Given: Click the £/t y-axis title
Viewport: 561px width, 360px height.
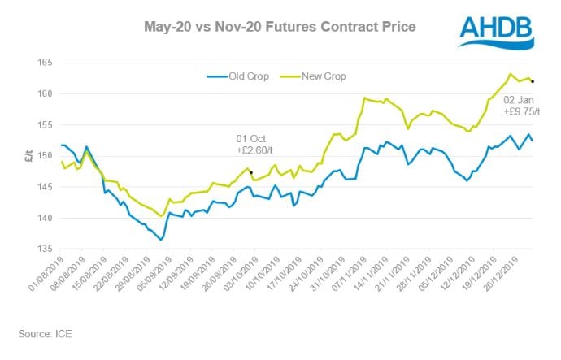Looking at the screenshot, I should (19, 157).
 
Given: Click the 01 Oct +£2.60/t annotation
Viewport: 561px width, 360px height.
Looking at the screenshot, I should (253, 143).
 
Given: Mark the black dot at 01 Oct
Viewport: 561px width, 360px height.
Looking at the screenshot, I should (251, 172).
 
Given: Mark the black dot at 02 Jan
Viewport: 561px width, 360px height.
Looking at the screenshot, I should (533, 81).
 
